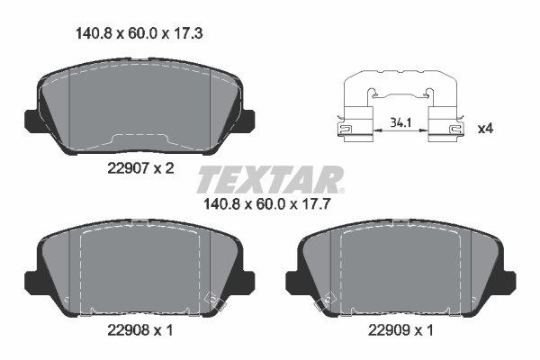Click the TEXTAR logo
point(270,179)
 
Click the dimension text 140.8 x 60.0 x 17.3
point(139,34)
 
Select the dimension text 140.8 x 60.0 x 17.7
point(267,204)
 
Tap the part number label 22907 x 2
point(141,168)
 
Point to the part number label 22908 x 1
point(140,330)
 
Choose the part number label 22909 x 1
point(400,330)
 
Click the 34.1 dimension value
point(400,122)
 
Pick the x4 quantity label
point(486,129)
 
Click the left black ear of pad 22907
point(31,121)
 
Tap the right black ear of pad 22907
point(249,121)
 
